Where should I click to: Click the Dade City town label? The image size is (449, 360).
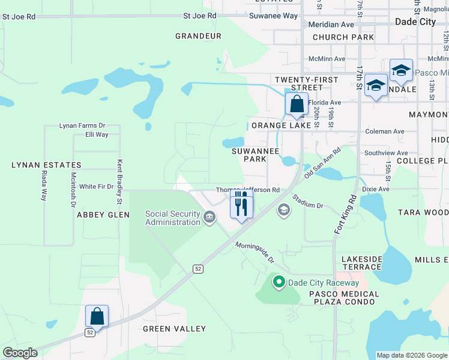(415, 22)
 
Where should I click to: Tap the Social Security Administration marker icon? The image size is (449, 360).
(209, 217)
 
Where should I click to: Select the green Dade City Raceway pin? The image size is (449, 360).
(279, 281)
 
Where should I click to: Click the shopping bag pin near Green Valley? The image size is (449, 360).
(97, 316)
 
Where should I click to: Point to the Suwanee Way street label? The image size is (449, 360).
(273, 16)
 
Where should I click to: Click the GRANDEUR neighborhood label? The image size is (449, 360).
(198, 36)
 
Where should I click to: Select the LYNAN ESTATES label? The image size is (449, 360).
(46, 165)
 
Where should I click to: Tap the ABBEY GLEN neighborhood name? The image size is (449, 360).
(99, 215)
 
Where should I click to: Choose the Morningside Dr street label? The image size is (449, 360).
(254, 253)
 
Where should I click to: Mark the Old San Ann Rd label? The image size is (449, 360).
(322, 162)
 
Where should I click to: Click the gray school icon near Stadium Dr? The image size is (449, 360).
(283, 210)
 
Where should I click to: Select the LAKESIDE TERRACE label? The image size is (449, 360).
(362, 263)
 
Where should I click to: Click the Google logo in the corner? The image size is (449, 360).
(20, 353)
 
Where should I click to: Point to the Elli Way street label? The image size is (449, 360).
(97, 135)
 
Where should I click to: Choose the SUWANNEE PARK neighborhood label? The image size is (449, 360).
(256, 155)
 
